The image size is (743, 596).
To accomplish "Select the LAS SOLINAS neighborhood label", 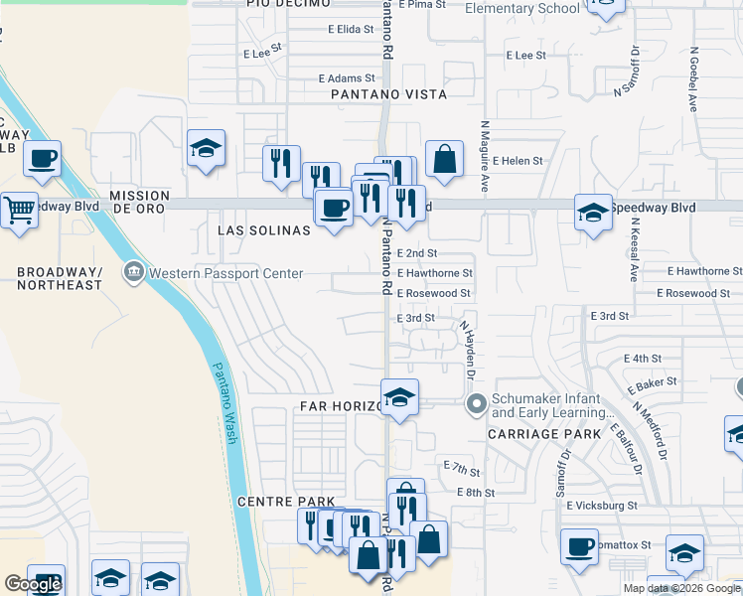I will coord(263,229).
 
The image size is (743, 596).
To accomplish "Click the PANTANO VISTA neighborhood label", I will coord(388,94).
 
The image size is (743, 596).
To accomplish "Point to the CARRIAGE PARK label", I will coord(543,434).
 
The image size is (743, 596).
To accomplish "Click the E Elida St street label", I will coord(349,30).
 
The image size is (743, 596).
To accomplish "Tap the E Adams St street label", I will coord(346,77).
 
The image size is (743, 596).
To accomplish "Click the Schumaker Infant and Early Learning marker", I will coord(476,403).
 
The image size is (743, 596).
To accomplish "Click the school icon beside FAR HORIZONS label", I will coord(399,397).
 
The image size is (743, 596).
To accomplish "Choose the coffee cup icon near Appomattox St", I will coord(579,546).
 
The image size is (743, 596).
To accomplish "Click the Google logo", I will coord(34,584).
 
